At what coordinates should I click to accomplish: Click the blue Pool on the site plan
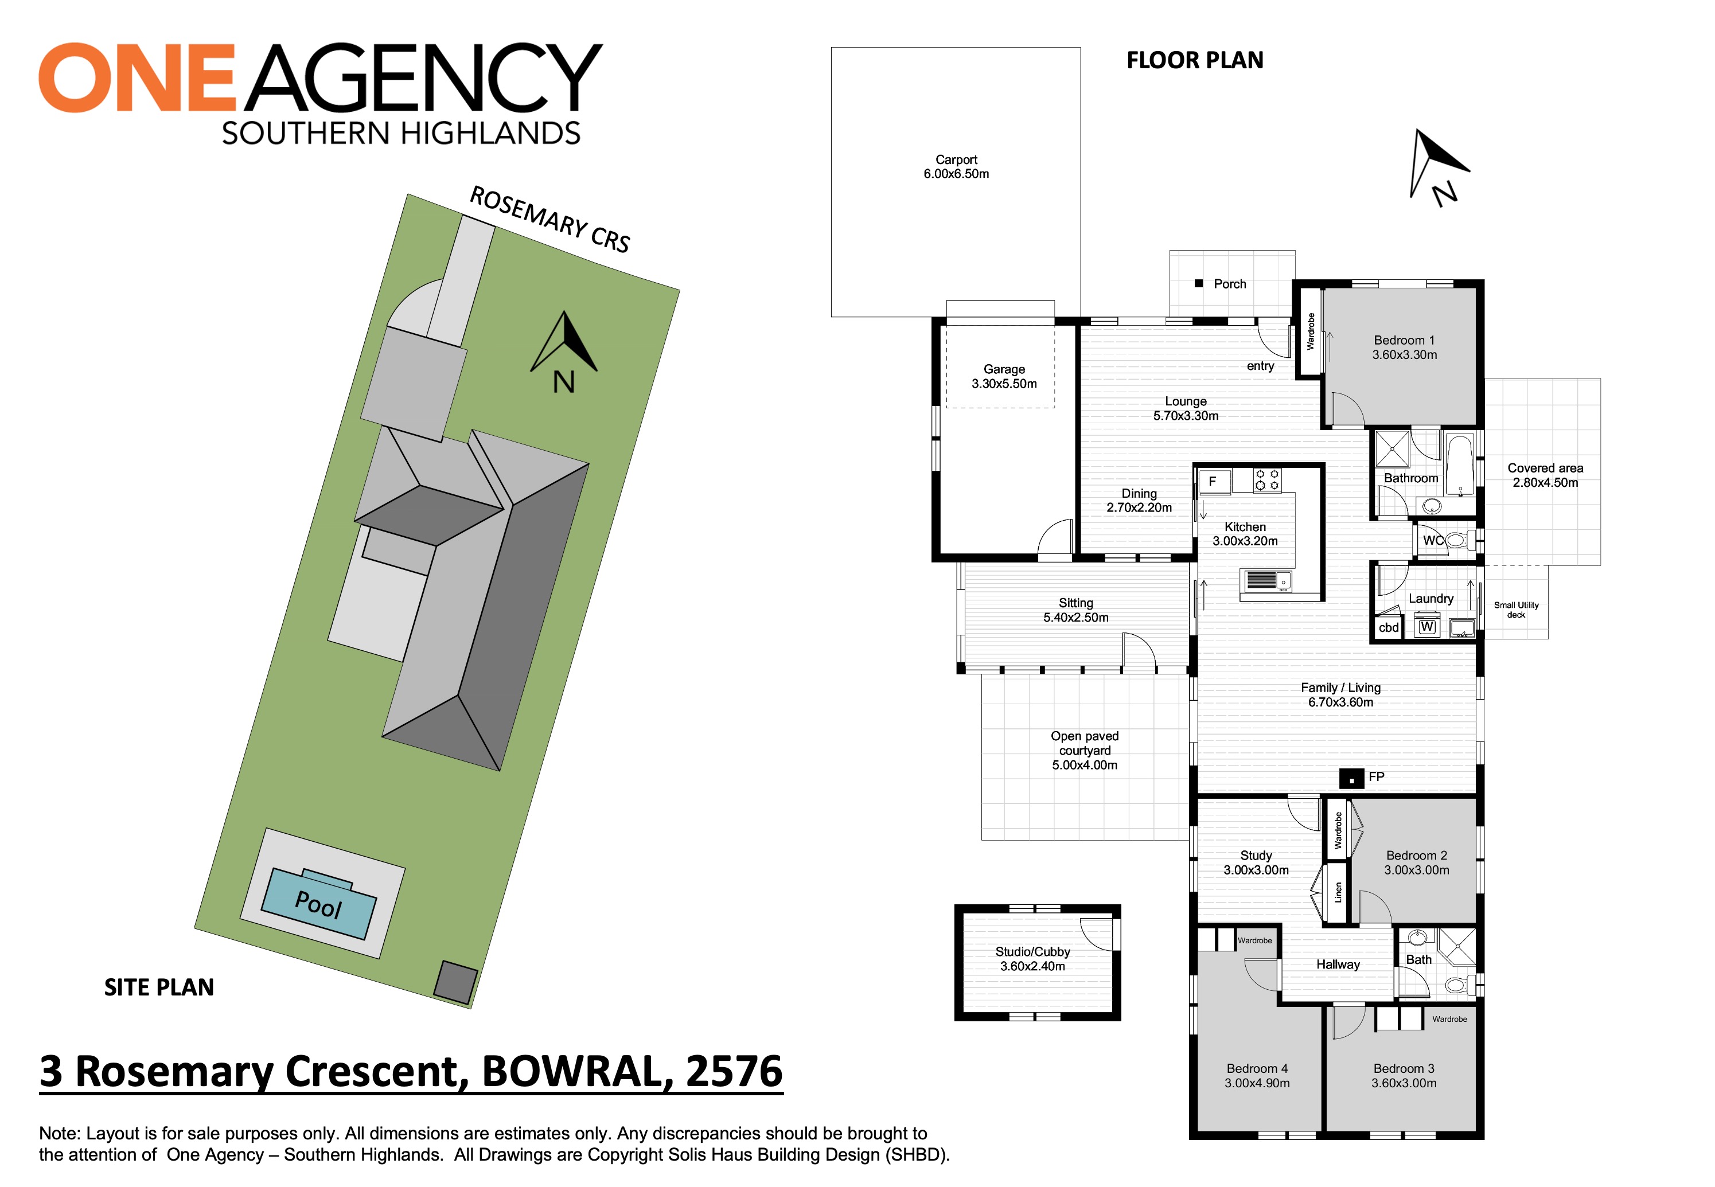pyautogui.click(x=319, y=903)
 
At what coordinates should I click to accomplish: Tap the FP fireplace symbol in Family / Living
pyautogui.click(x=1351, y=779)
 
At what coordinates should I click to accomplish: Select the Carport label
pyautogui.click(x=956, y=159)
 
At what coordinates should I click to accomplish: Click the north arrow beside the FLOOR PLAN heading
pyautogui.click(x=1439, y=167)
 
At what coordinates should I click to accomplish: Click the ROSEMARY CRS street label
pyautogui.click(x=549, y=220)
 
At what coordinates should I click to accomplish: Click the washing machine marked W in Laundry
pyautogui.click(x=1426, y=626)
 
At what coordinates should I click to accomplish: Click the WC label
pyautogui.click(x=1432, y=540)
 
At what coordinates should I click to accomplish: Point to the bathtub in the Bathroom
pyautogui.click(x=1459, y=465)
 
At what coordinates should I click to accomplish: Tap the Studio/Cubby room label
pyautogui.click(x=1032, y=951)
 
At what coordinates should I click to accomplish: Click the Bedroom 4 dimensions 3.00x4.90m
pyautogui.click(x=1257, y=1083)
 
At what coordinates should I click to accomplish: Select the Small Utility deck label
pyautogui.click(x=1516, y=610)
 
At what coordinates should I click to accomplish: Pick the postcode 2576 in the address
pyautogui.click(x=734, y=1071)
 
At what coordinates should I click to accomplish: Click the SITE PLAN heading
pyautogui.click(x=159, y=987)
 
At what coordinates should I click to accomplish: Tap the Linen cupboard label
pyautogui.click(x=1338, y=892)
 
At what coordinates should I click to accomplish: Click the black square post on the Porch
pyautogui.click(x=1198, y=283)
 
